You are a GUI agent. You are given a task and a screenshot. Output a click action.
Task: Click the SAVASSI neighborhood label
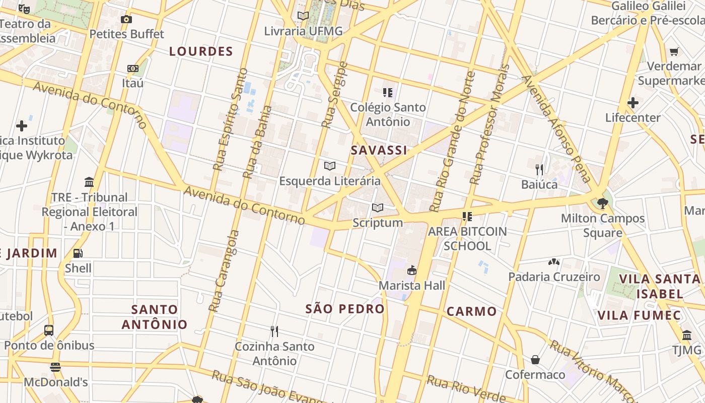coord(379,150)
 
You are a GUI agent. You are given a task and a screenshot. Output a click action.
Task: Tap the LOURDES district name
coord(201,51)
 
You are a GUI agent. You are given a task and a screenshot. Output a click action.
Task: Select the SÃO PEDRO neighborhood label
coord(345,309)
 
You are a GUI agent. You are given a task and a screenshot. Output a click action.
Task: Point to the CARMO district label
coord(472,311)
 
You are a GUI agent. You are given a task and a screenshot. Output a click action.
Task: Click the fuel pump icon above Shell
coord(78,253)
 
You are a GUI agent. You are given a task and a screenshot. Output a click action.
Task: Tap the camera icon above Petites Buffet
coord(126,20)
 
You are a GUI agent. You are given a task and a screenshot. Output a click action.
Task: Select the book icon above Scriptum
coord(378,208)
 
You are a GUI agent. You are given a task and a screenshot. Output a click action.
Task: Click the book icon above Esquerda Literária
coord(330,166)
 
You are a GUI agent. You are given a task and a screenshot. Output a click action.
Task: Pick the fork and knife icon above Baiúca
coord(539,169)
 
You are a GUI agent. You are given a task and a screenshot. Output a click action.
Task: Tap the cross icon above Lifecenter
coord(633,103)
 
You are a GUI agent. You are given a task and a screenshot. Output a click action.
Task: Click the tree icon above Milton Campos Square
coord(602,204)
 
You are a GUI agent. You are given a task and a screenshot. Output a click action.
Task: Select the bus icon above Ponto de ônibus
coord(49,330)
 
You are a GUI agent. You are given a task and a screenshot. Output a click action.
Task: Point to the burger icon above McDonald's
coord(55,367)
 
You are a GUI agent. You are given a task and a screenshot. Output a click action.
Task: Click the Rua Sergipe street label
coord(335,95)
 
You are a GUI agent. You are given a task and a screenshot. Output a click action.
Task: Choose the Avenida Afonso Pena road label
coord(556,128)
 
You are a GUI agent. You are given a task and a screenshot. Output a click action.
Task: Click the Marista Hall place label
coord(412,285)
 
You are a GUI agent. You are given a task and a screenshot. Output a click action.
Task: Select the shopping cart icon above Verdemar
coord(674,51)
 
